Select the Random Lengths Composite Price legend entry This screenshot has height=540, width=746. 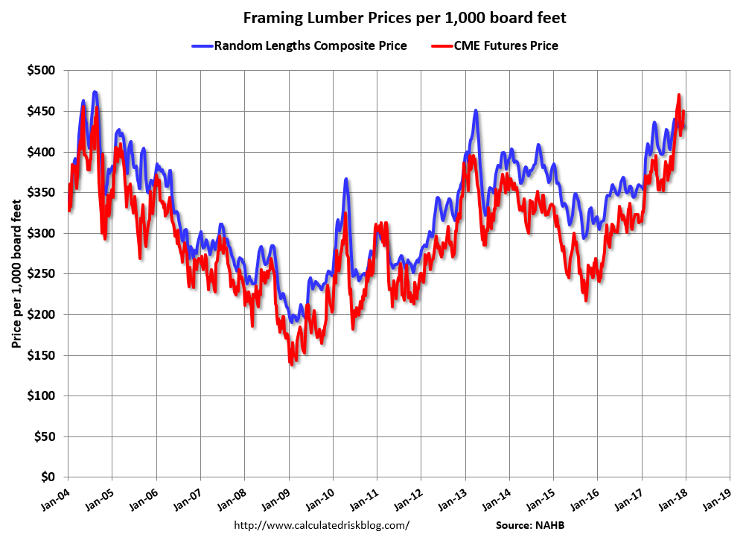tap(310, 46)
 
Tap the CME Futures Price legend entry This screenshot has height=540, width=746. tap(506, 46)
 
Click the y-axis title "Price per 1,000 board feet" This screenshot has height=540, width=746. tap(16, 274)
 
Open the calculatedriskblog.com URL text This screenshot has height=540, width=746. tap(322, 525)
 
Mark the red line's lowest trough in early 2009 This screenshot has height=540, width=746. tap(291, 363)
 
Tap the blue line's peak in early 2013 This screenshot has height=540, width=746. tap(475, 111)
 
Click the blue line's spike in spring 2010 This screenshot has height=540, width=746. tap(346, 180)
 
